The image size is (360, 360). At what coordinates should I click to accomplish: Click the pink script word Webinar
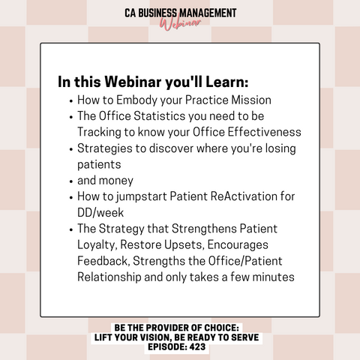tap(180, 24)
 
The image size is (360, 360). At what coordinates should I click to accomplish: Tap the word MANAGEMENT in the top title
tap(208, 13)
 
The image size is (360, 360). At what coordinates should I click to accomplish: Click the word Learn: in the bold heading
tap(227, 82)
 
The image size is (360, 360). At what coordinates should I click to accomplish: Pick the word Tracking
tap(99, 133)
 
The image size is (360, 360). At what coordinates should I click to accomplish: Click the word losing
tap(280, 148)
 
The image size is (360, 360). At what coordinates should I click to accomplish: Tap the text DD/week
tap(100, 212)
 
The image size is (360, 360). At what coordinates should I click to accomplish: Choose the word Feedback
tap(103, 261)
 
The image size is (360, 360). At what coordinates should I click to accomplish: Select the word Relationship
tap(109, 277)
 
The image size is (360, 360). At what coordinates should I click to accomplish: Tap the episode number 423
tap(197, 346)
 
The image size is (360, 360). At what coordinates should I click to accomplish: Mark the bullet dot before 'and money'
tap(71, 181)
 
